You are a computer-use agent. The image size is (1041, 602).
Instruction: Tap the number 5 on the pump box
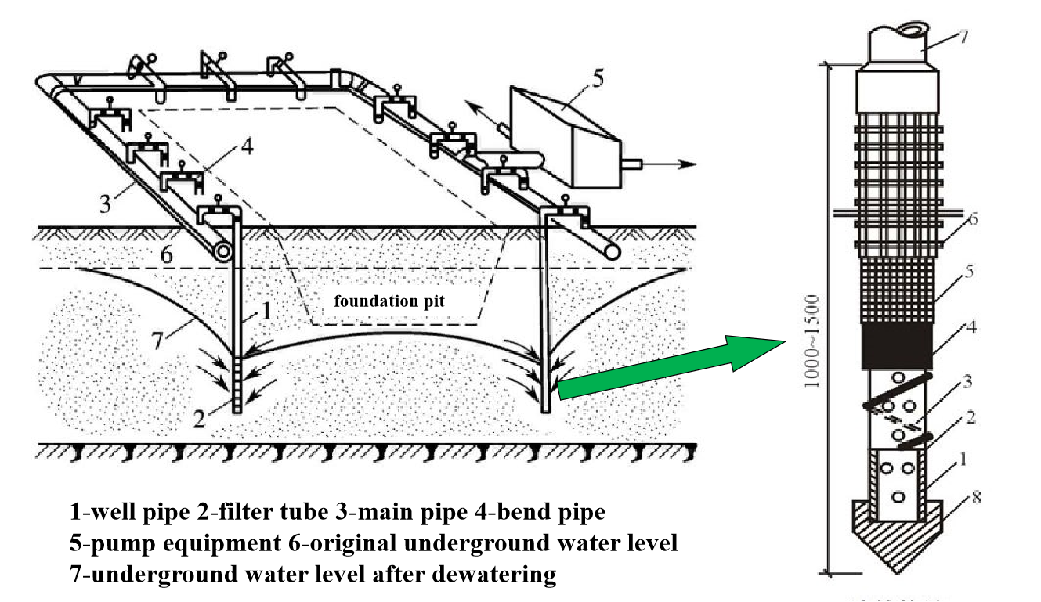(598, 78)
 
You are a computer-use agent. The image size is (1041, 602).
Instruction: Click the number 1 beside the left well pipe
(266, 310)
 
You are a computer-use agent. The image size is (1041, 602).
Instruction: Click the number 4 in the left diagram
(247, 146)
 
